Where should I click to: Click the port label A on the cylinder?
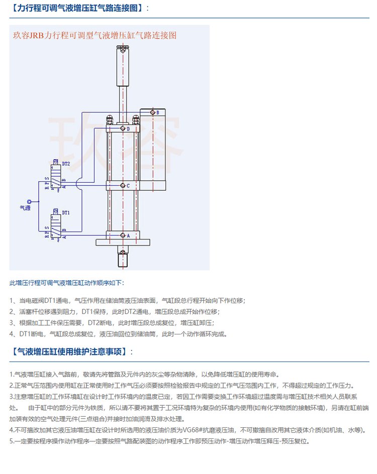(x=128, y=235)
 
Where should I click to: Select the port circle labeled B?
(x=153, y=112)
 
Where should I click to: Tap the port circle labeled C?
(x=122, y=186)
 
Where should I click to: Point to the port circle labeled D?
(x=122, y=129)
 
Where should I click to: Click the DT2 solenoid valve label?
(x=66, y=164)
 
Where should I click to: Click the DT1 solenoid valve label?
(x=66, y=212)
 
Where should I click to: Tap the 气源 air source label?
(x=25, y=206)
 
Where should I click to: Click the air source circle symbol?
(x=29, y=199)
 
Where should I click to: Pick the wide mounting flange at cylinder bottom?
(x=122, y=243)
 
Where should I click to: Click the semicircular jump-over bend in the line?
(x=80, y=185)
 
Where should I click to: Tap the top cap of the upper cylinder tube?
(x=122, y=49)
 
